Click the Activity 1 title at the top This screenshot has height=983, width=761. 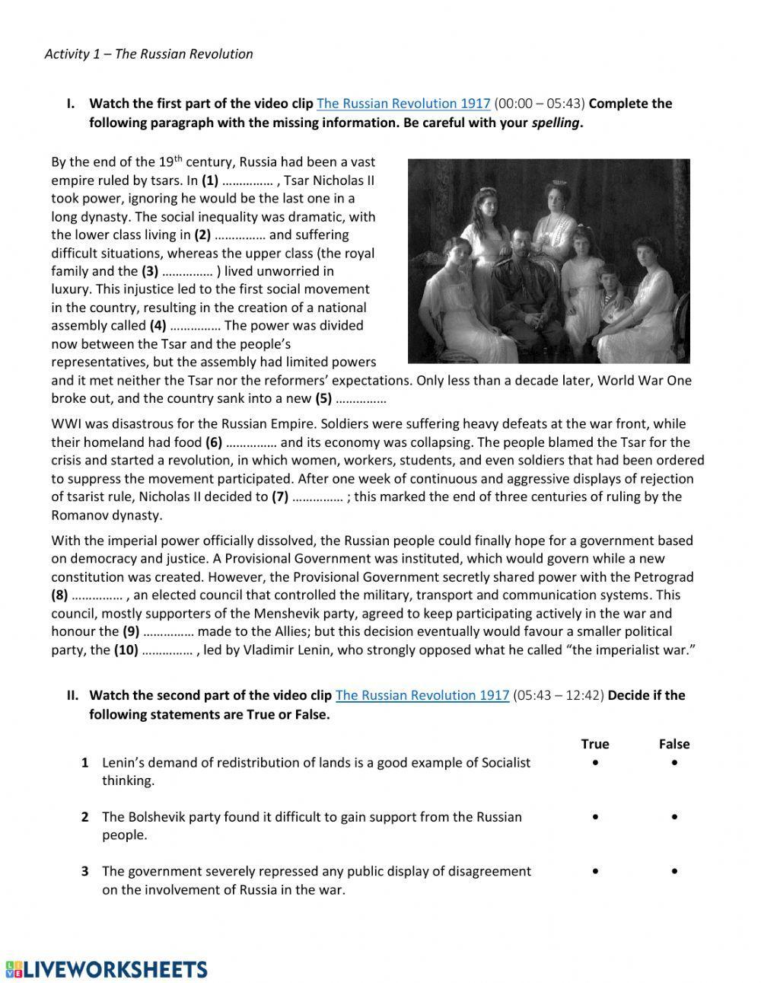click(148, 54)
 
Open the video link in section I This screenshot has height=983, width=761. click(403, 104)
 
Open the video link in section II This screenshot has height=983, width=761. click(422, 695)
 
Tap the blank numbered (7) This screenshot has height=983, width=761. click(317, 497)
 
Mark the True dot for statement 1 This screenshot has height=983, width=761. click(594, 762)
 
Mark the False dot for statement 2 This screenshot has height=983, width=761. click(674, 817)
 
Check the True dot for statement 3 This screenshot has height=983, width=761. click(594, 871)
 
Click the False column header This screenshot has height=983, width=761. click(674, 744)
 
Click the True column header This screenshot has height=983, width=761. click(594, 744)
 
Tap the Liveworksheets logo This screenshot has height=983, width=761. click(107, 969)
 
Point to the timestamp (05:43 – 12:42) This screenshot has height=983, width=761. click(559, 695)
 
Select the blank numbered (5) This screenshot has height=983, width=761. click(361, 399)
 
